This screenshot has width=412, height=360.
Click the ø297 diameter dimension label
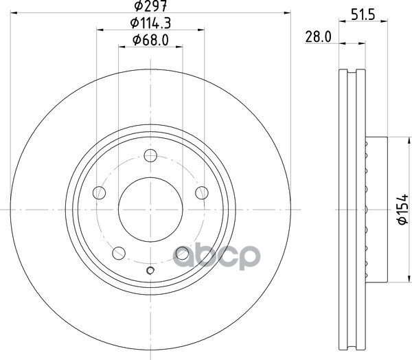[150, 5]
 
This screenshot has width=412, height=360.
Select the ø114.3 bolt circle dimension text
[150, 23]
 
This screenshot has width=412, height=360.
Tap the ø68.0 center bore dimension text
[150, 41]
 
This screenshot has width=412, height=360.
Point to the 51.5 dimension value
[363, 15]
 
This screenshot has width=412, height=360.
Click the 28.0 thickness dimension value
[318, 37]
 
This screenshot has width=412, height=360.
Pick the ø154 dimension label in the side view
[403, 210]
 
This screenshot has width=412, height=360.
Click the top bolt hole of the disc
[150, 155]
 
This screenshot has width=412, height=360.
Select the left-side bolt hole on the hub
[100, 193]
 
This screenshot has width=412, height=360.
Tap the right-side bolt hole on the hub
[202, 193]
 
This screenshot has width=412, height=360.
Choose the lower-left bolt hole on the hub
[119, 253]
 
